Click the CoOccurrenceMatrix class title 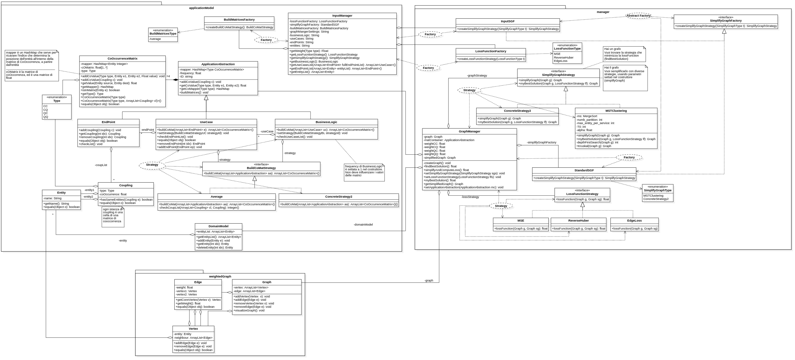122,59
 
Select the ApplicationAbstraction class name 218,64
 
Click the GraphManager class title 469,131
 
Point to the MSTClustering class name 616,111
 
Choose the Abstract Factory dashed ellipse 638,16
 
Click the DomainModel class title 218,226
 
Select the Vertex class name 193,329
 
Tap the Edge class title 198,282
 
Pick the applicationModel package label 201,8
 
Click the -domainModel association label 363,225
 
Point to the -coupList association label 101,165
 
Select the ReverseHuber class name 578,221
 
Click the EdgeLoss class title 634,221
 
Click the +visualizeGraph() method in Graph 249,310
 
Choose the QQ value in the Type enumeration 46,117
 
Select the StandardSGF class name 584,170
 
